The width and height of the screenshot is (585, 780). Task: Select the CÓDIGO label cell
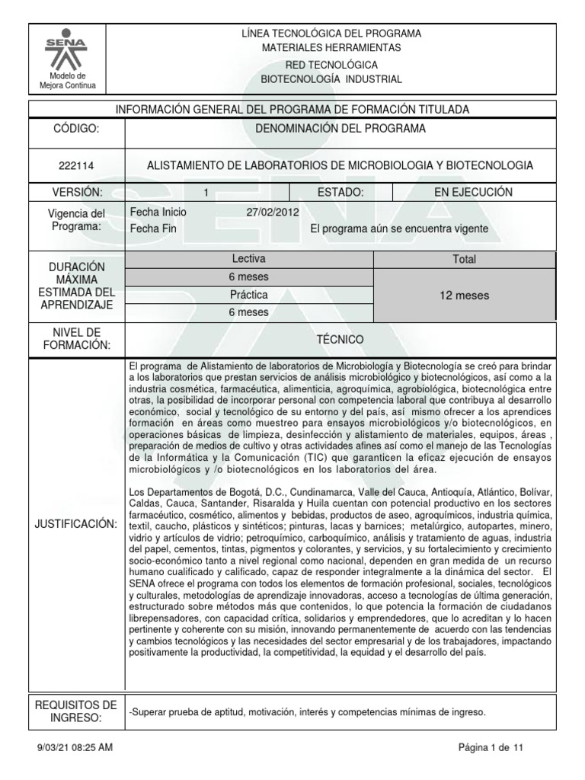tap(75, 129)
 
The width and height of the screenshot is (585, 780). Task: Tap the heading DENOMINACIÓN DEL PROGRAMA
tap(340, 128)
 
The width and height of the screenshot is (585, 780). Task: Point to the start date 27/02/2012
tap(273, 213)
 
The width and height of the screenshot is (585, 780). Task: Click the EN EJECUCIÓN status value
tap(473, 193)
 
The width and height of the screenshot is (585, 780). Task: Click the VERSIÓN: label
tap(75, 193)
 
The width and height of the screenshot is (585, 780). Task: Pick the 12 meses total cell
tap(464, 295)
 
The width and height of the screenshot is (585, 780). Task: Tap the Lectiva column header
tap(248, 259)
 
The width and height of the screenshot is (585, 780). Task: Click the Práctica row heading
tap(248, 294)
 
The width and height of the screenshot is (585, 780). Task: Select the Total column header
tap(464, 260)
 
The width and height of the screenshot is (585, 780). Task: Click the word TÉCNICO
tap(340, 338)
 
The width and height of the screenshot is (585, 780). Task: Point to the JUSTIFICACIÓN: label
tap(75, 525)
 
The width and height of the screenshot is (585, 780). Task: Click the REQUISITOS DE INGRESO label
tap(75, 711)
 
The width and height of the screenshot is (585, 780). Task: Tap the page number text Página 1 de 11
tap(491, 748)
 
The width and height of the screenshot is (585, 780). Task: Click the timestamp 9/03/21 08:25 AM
tap(75, 748)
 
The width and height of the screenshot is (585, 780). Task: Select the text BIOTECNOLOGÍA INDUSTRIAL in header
tap(331, 79)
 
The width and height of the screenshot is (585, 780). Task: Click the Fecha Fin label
tap(154, 228)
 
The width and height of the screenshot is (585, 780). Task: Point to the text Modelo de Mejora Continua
tap(67, 81)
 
